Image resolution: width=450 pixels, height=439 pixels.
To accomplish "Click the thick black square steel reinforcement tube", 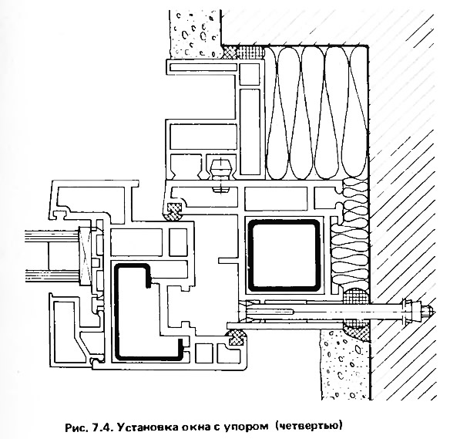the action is pos(284,255).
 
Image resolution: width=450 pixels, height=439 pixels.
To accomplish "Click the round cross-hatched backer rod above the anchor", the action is pos(356,295).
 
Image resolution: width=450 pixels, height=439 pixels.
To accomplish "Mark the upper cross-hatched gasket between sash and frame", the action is pos(174,211).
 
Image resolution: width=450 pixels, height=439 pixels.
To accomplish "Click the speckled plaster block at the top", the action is pos(196,33).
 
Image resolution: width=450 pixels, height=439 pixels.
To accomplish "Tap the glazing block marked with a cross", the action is pos(86,255).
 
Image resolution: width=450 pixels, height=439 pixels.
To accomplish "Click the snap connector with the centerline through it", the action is pos(220,174).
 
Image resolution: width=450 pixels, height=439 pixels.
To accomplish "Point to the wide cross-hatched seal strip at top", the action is pos(244,52).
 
